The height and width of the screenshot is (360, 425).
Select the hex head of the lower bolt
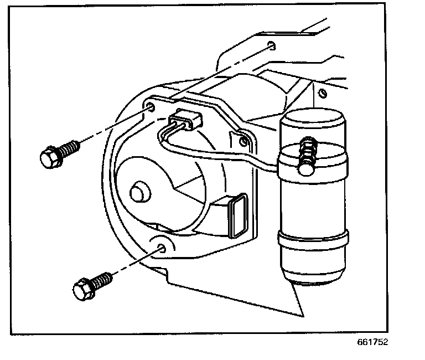[81, 289]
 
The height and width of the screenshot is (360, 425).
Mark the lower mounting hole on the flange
[162, 248]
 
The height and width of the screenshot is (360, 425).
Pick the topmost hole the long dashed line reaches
[269, 45]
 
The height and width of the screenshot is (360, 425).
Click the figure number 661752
[372, 342]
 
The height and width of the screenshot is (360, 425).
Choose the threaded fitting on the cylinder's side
[306, 155]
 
